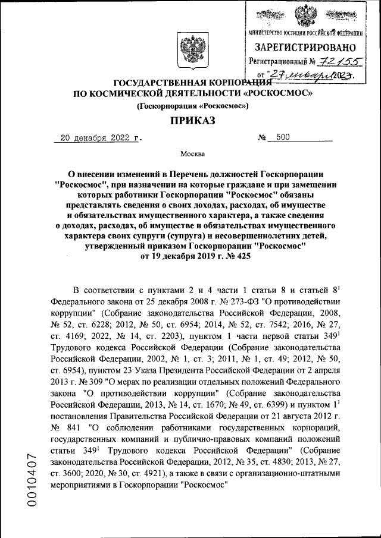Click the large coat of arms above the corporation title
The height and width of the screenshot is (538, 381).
coord(190,52)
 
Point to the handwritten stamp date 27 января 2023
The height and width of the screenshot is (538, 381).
coord(310,75)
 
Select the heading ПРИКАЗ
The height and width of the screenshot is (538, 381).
coord(190,121)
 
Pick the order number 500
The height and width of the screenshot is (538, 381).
coord(283,138)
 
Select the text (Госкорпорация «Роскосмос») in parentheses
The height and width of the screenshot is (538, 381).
coord(193,106)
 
